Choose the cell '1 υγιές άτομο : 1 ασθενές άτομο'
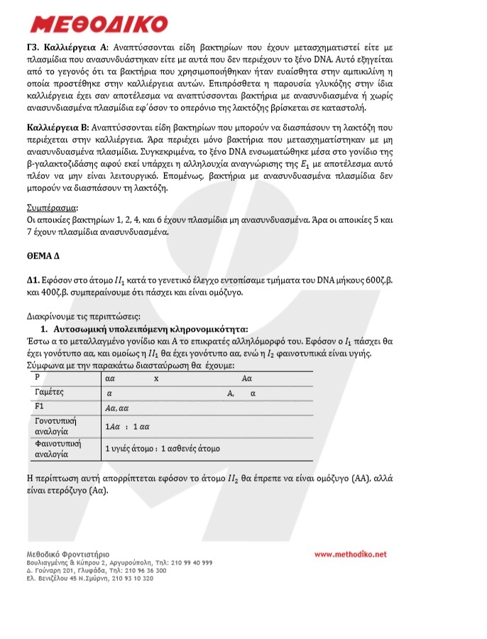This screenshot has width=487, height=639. (x=163, y=449)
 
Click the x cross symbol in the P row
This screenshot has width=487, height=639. (x=156, y=379)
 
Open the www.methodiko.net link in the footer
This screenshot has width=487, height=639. (x=350, y=554)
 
